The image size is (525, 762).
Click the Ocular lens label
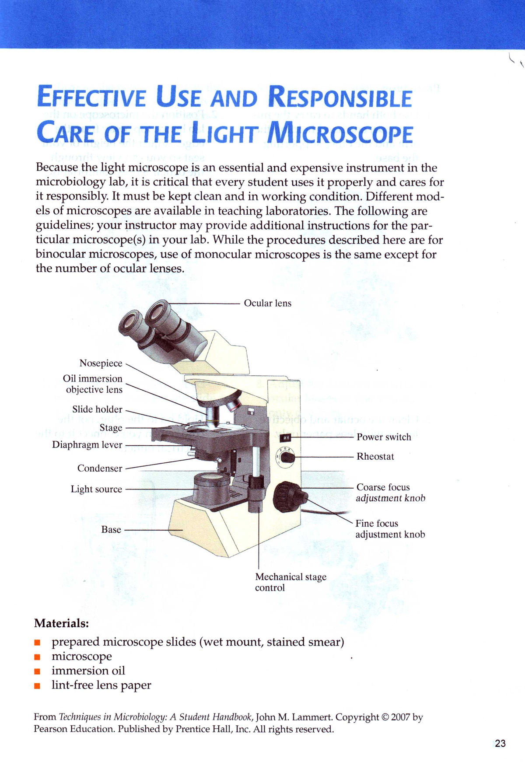[267, 303]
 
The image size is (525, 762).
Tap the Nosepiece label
[101, 363]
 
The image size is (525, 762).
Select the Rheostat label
[375, 456]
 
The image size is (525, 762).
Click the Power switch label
[384, 437]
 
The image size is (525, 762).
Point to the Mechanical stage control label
[290, 582]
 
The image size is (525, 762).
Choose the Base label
[111, 529]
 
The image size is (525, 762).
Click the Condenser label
[100, 468]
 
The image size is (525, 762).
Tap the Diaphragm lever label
[87, 444]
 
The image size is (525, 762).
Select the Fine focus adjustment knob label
[390, 529]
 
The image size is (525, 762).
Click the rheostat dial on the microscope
[287, 458]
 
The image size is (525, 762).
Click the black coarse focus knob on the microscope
[287, 497]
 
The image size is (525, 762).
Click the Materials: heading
[62, 622]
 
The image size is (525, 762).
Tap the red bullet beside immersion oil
[38, 671]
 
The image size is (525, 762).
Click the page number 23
[500, 743]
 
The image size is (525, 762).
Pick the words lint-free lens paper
[101, 685]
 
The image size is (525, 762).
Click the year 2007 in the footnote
[401, 717]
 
